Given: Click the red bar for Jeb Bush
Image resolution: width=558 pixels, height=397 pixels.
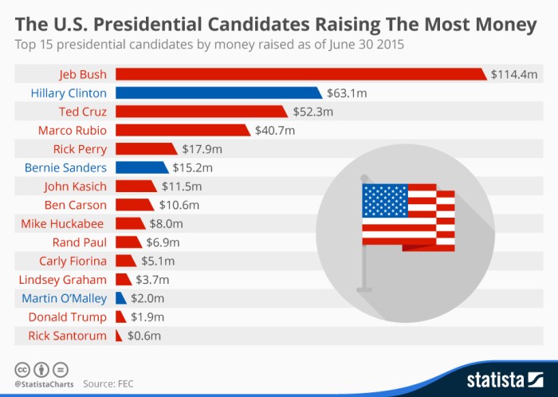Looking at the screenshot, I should click(x=301, y=74).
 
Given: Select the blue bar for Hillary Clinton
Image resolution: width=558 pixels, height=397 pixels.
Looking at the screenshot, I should click(x=218, y=93).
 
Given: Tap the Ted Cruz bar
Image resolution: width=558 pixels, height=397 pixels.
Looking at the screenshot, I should click(x=201, y=112).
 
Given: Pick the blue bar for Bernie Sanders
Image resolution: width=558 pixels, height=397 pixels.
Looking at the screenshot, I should click(x=141, y=167).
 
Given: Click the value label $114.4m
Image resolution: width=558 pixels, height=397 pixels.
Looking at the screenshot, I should click(x=515, y=74).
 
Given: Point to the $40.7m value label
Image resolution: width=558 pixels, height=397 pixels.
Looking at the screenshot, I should click(x=275, y=130).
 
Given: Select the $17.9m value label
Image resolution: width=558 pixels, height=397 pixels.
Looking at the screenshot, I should click(x=201, y=149).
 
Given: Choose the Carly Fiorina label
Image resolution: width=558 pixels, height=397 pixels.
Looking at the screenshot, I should click(x=73, y=261).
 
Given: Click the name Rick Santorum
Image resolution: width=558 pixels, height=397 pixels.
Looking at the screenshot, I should click(x=67, y=336).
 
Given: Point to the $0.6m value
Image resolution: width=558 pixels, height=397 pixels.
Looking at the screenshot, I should click(x=144, y=336).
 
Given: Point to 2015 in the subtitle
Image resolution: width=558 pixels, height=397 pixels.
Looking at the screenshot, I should click(x=387, y=45).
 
